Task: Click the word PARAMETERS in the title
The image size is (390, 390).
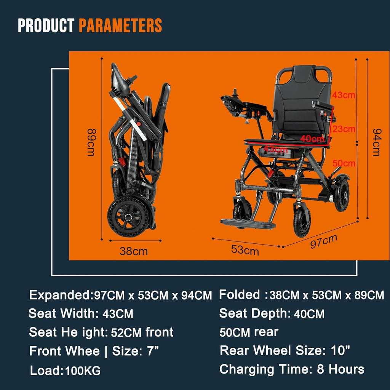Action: [120, 26]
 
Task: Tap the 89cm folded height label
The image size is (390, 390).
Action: [91, 142]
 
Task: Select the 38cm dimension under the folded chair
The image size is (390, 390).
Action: [133, 251]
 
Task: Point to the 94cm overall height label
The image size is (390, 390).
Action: [376, 142]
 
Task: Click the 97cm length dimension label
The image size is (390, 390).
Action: [323, 241]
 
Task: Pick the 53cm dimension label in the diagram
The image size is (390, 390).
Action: [245, 250]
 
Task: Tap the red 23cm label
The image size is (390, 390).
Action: [344, 129]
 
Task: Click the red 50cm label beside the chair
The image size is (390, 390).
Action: [344, 163]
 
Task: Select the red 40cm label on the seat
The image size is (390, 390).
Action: [312, 139]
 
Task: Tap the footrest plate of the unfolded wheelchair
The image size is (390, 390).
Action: [248, 223]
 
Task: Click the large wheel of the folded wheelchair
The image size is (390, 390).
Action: [128, 216]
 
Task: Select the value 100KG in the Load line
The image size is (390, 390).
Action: [83, 370]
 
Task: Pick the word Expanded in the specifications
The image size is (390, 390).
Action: [59, 295]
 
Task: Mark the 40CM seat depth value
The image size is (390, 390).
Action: [308, 314]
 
